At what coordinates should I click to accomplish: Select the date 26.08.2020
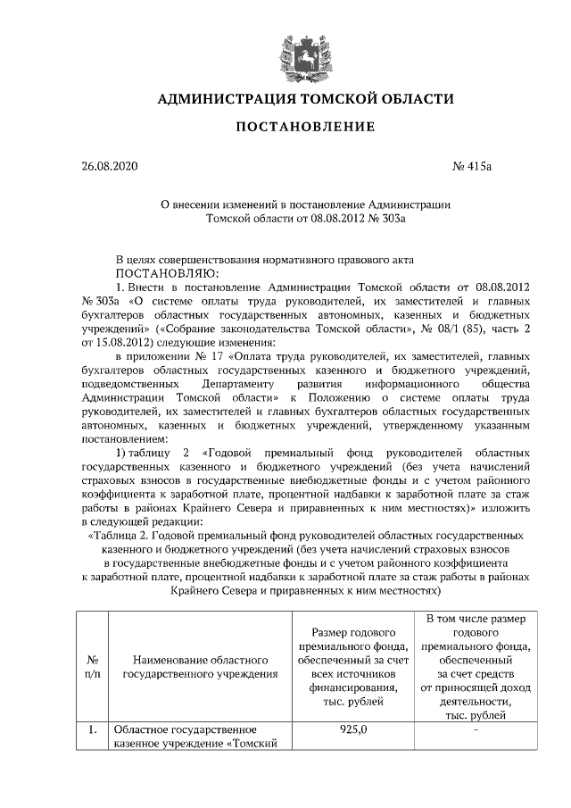111,166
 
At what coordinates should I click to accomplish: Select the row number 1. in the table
91,730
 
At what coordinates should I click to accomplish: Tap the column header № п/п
91,667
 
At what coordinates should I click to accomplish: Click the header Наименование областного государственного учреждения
199,667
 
